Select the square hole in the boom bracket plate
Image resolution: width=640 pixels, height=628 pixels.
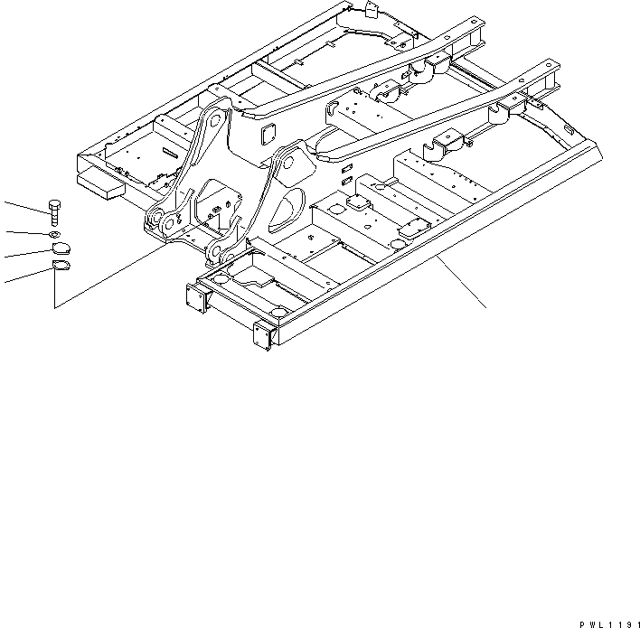pyautogui.click(x=268, y=135)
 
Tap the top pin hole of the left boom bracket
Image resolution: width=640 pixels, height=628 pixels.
pyautogui.click(x=213, y=118)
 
